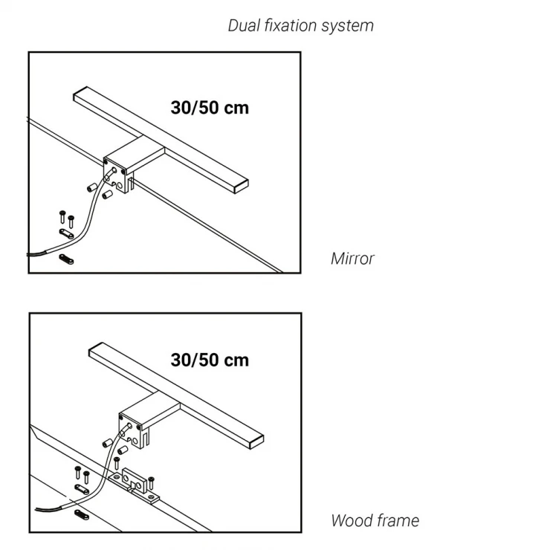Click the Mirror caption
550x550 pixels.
tap(352, 259)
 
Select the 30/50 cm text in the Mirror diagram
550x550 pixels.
tap(210, 108)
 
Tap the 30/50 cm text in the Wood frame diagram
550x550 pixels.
tap(210, 360)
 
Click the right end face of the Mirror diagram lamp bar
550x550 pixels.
tap(242, 187)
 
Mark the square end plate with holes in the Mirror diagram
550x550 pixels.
tap(115, 175)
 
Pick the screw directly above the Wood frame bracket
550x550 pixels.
tap(117, 463)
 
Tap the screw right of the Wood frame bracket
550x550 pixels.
tap(151, 482)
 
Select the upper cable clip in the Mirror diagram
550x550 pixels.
tap(66, 233)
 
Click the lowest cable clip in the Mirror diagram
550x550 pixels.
tap(66, 259)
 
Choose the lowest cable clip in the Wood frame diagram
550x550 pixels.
tap(82, 514)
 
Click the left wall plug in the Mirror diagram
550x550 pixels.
tap(92, 187)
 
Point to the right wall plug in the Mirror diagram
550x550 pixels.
tap(107, 195)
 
